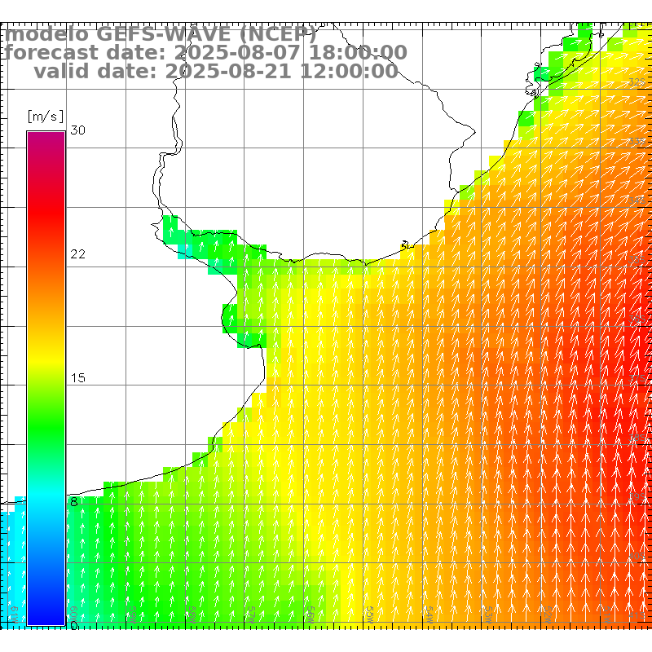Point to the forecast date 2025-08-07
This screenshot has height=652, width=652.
[220, 53]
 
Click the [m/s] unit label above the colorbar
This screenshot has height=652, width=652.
[46, 116]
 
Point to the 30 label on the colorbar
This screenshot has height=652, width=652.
[78, 130]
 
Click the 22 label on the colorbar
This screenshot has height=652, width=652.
[78, 254]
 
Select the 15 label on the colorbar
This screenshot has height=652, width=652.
[78, 378]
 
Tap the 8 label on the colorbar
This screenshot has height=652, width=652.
[73, 502]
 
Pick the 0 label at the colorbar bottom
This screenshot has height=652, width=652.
[73, 625]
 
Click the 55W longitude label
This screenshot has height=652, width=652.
[369, 611]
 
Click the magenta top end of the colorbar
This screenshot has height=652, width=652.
[46, 137]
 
